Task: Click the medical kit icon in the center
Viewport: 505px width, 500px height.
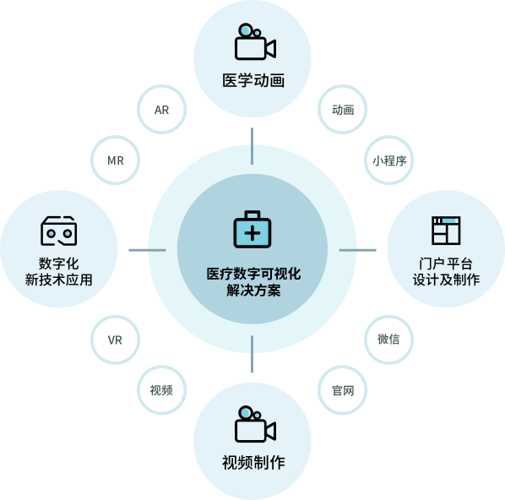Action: pyautogui.click(x=252, y=229)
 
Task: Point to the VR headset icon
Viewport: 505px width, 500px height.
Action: pyautogui.click(x=58, y=231)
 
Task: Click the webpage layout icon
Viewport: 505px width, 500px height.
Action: pyautogui.click(x=446, y=231)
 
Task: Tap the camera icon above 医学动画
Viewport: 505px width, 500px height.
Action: pyautogui.click(x=255, y=41)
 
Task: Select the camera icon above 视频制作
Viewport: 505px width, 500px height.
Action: pyautogui.click(x=255, y=424)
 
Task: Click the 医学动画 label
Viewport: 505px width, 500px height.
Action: pyautogui.click(x=253, y=80)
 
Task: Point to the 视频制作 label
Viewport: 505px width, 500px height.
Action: pyautogui.click(x=253, y=463)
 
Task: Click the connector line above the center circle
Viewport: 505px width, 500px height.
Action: pyautogui.click(x=252, y=146)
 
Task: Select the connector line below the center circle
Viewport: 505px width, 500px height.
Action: pyautogui.click(x=252, y=354)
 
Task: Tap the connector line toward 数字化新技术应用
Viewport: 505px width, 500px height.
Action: pyautogui.click(x=147, y=250)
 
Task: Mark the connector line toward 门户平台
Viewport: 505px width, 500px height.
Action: pyautogui.click(x=357, y=250)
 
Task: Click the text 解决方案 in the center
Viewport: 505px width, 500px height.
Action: pyautogui.click(x=253, y=291)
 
